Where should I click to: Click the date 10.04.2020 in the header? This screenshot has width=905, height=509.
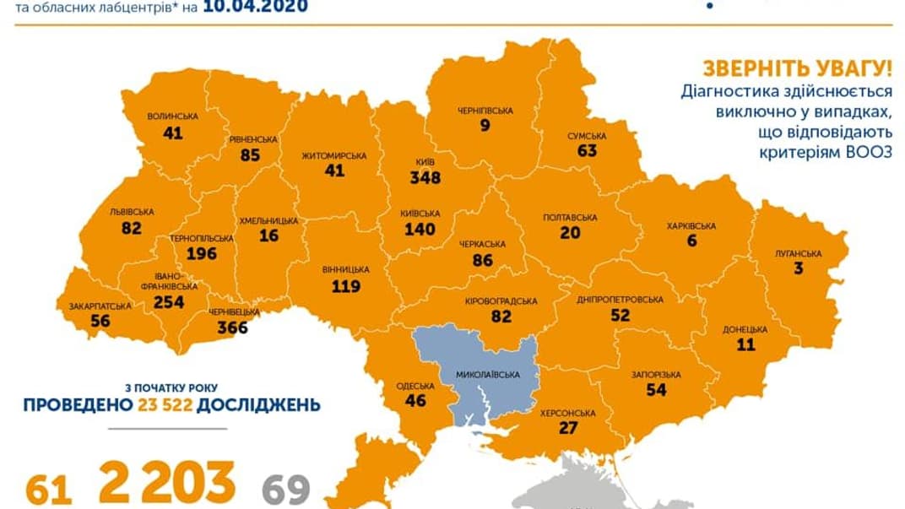(256, 8)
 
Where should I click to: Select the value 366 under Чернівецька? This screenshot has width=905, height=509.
(232, 328)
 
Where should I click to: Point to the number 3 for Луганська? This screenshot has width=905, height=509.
(798, 268)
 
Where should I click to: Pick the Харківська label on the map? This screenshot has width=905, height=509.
(691, 226)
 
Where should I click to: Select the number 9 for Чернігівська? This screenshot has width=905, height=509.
(485, 126)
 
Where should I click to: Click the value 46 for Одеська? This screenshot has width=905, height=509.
(415, 401)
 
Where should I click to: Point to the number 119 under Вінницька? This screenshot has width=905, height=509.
(346, 285)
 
